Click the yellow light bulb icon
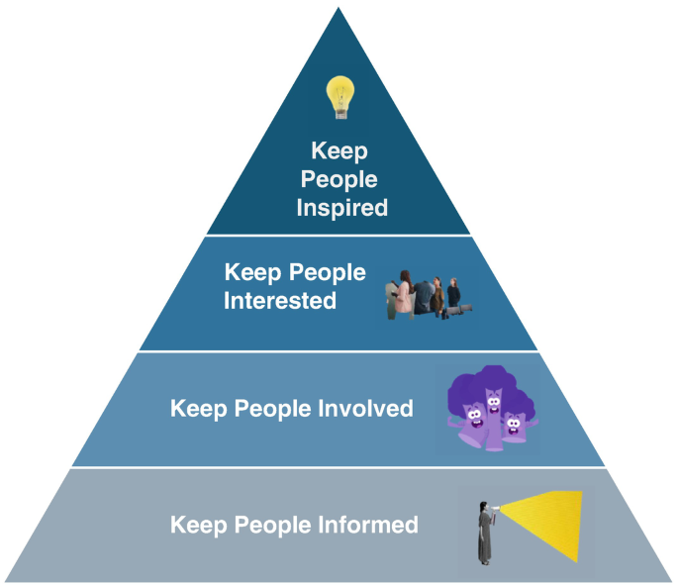point(339,97)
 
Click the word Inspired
point(339,208)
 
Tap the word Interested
point(280,300)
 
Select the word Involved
point(360,408)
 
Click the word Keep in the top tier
point(339,151)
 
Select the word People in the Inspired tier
point(339,179)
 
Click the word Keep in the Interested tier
point(251,272)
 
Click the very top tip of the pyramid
point(339,8)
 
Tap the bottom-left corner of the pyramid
point(5,580)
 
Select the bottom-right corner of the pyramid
point(673,580)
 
